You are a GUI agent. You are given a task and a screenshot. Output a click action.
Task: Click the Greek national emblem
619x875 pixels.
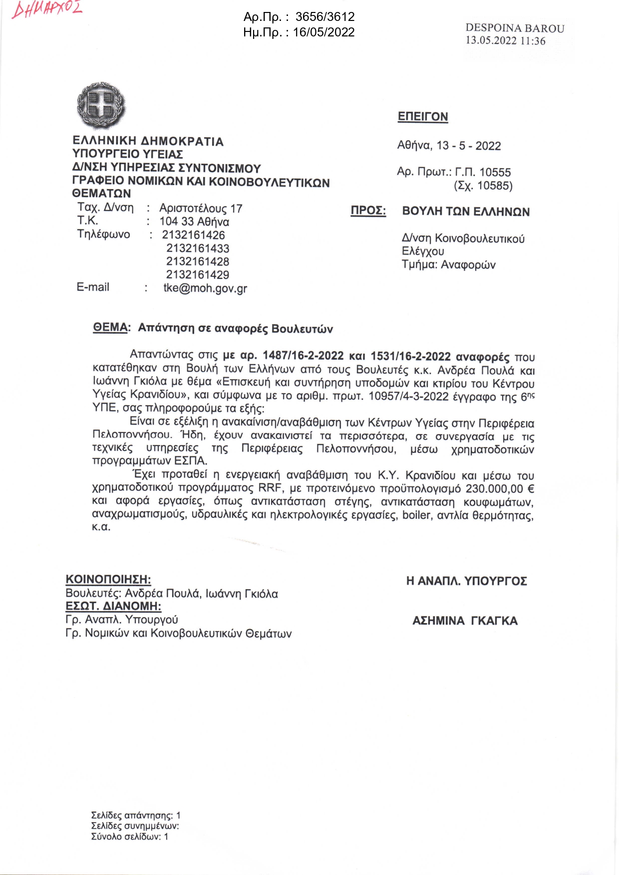(101, 106)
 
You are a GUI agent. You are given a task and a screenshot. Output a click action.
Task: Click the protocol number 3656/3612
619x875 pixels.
(325, 17)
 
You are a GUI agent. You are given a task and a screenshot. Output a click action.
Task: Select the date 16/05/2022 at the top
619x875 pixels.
(323, 32)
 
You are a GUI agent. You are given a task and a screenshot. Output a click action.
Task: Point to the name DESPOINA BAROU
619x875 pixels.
(515, 28)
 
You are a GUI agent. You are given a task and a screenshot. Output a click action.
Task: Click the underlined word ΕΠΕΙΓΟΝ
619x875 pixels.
(423, 117)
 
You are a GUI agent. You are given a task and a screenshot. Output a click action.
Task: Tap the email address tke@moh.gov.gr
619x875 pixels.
(205, 288)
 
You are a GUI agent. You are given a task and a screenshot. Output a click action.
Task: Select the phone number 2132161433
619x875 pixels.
(198, 248)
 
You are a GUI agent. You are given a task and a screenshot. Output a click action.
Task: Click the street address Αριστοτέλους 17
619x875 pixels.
(201, 209)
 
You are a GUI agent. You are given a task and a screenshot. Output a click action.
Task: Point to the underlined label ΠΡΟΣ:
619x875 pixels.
(368, 211)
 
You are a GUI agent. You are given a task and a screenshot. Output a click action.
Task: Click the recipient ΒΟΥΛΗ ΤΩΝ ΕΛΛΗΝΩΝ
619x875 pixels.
(466, 212)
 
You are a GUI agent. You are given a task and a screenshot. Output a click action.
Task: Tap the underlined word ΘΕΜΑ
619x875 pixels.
(110, 328)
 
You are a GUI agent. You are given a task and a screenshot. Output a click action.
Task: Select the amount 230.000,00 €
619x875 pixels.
(500, 489)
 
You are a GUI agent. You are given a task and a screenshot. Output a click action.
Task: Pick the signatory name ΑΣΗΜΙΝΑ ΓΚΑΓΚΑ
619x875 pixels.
(465, 621)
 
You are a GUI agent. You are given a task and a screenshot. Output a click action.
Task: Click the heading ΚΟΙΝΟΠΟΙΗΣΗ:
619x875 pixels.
(108, 580)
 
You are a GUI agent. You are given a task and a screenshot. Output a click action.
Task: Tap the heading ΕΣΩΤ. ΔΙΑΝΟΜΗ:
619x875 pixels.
(113, 607)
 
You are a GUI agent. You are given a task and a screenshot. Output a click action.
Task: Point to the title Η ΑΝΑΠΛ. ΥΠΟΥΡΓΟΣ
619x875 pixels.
(466, 581)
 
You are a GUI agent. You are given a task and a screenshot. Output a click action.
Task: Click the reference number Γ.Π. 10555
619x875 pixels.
(483, 173)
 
